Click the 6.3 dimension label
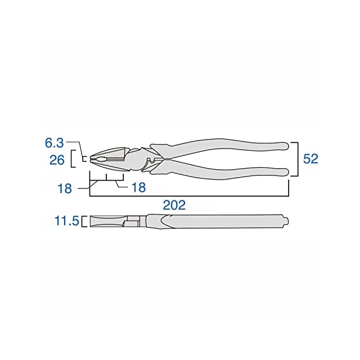tap(54, 143)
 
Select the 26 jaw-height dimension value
tap(57, 160)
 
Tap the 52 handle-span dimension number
tap(310, 159)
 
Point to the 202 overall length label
tap(174, 205)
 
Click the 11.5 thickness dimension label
tap(67, 221)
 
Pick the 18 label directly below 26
tap(65, 189)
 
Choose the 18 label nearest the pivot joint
tap(139, 187)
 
